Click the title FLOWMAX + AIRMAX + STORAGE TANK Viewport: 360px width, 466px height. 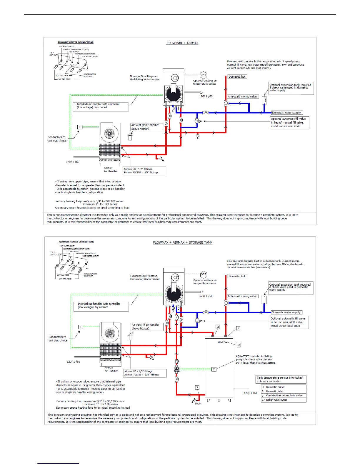[x=182, y=242]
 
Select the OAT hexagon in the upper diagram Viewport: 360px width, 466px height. [x=203, y=75]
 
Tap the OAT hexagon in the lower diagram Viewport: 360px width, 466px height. [x=203, y=274]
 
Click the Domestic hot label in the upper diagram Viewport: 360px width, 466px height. [x=237, y=76]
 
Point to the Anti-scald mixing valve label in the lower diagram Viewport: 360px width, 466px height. [x=242, y=296]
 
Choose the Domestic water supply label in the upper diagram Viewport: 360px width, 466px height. [x=286, y=113]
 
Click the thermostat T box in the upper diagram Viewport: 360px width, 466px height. [x=80, y=127]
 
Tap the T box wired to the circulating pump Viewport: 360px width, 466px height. [x=214, y=369]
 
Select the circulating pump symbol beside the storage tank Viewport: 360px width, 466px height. [x=176, y=370]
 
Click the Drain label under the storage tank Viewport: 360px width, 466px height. [x=198, y=403]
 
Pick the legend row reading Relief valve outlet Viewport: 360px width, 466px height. [x=284, y=400]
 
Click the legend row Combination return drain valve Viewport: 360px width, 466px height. [x=284, y=395]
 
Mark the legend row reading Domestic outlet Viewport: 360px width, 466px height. [x=284, y=387]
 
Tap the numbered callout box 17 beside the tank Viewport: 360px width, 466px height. [x=239, y=345]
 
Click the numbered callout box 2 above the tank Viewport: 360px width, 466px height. [x=218, y=327]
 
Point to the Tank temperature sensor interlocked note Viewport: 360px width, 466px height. [x=281, y=379]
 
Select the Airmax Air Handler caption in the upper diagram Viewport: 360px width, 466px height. [x=111, y=169]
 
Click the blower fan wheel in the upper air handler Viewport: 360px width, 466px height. [x=109, y=134]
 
